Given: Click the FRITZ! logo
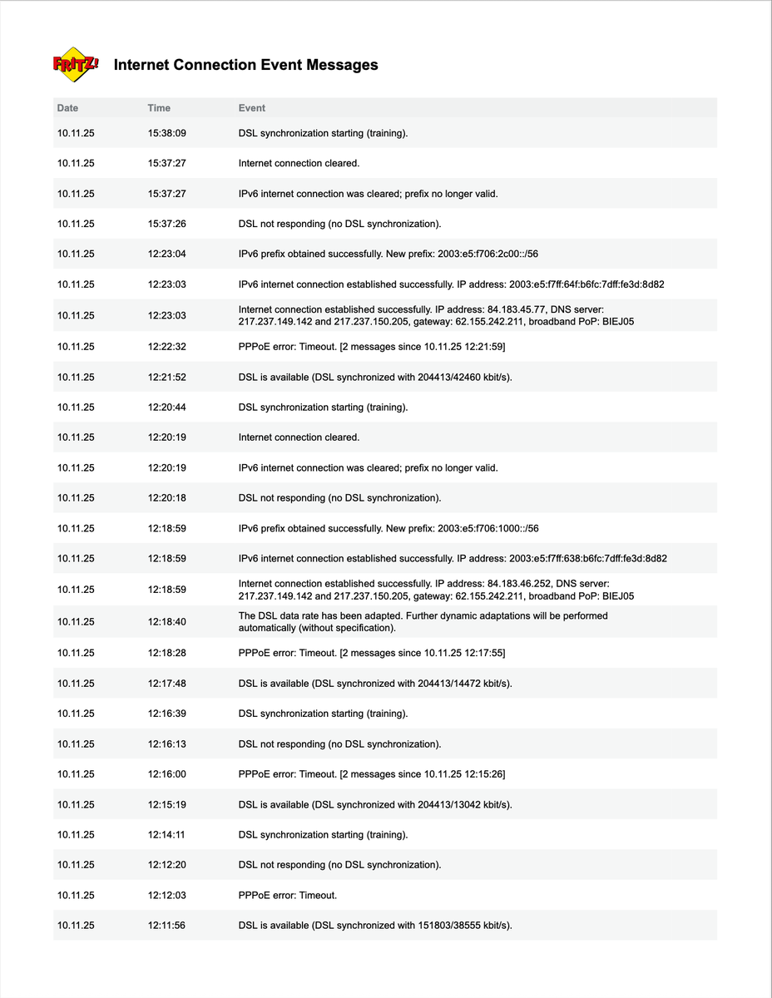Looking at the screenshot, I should (x=76, y=65).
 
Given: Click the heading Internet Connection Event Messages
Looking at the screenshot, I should (x=245, y=65).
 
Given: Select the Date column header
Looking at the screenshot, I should (x=67, y=108).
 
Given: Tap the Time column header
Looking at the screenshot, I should (x=159, y=108).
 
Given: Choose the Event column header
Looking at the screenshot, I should (x=252, y=108).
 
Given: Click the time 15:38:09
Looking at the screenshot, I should (x=166, y=133).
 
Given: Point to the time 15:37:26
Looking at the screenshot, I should (x=166, y=224).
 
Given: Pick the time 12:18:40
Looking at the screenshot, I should (x=166, y=622).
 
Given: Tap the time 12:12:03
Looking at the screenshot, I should (x=166, y=896).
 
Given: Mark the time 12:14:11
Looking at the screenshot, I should (x=166, y=835).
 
